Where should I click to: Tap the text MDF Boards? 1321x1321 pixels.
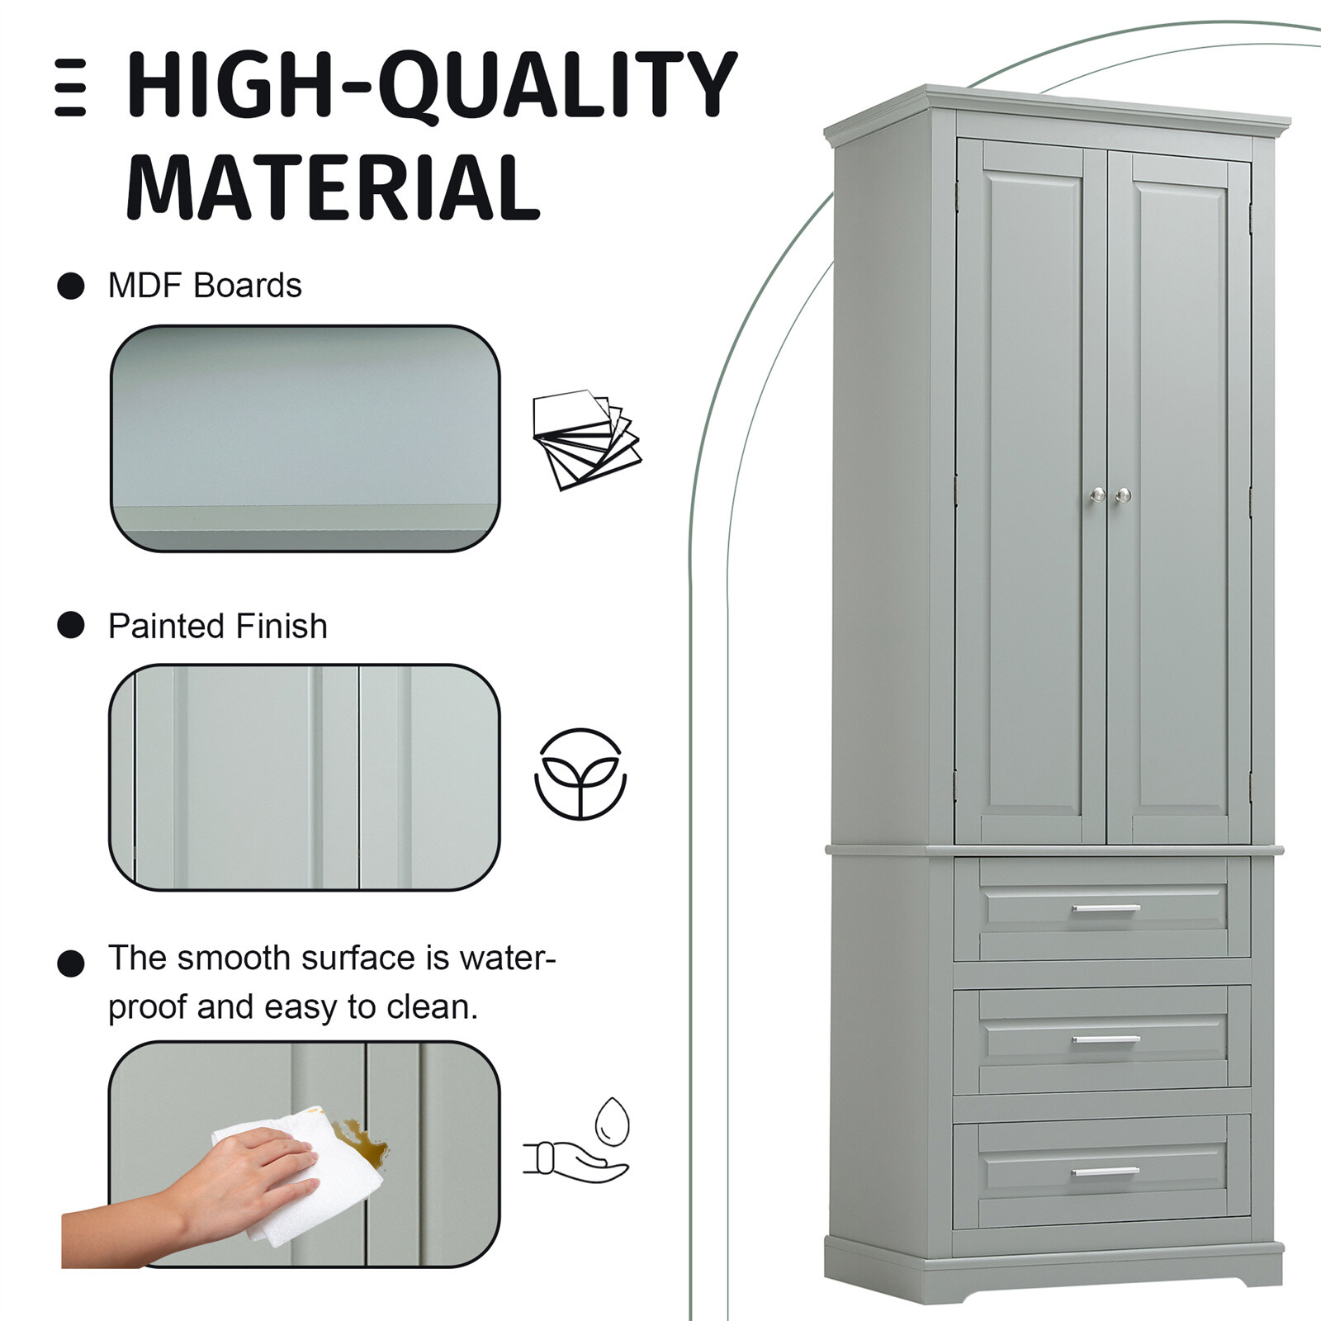click(x=205, y=286)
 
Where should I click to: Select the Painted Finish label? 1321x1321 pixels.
click(x=218, y=627)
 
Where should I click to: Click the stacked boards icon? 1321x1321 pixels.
click(x=586, y=438)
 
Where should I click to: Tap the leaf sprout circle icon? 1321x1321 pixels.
click(x=580, y=774)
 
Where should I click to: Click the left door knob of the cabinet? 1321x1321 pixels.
click(x=1097, y=495)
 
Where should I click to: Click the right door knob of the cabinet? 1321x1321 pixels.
click(x=1123, y=495)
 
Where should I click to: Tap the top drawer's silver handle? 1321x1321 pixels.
click(x=1106, y=909)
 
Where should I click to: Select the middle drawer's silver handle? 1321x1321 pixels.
click(x=1106, y=1039)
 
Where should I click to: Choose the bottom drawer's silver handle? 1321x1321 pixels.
click(x=1106, y=1172)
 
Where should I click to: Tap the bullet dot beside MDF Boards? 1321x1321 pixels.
click(x=71, y=286)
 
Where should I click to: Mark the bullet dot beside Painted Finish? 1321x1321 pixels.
click(x=71, y=626)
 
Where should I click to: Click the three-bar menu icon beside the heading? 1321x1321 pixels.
click(x=70, y=87)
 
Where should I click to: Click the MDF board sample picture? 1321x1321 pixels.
click(x=305, y=438)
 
